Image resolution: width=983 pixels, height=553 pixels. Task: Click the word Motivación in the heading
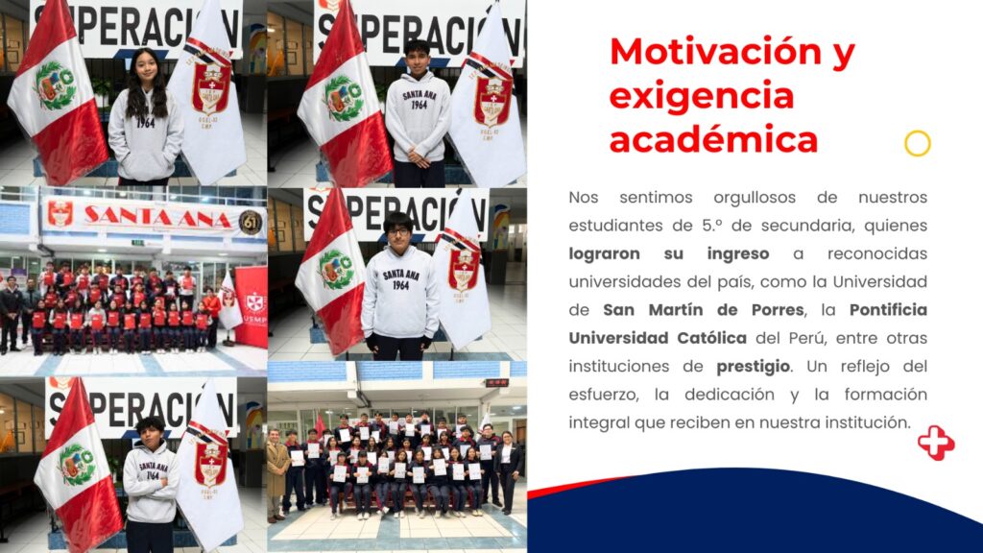tap(715, 52)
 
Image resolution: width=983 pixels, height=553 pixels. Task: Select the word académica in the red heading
tap(713, 139)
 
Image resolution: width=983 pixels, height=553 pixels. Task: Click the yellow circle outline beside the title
tap(917, 144)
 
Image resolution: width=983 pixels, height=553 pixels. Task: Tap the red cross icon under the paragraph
tap(936, 443)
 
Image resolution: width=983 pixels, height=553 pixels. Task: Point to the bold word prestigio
tap(753, 366)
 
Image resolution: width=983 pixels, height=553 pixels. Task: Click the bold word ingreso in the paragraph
tap(738, 253)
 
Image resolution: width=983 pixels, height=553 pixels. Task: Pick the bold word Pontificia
tap(888, 310)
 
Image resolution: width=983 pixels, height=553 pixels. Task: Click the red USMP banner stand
tap(252, 306)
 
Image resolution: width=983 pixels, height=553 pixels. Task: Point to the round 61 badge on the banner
tap(251, 222)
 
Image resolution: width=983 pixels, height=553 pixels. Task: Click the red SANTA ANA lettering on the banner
tap(157, 217)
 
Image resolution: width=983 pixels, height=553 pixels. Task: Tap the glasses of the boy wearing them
tap(397, 231)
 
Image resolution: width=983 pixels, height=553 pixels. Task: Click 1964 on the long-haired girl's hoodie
tap(146, 123)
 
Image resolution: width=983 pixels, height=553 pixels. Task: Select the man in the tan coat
tap(276, 474)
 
